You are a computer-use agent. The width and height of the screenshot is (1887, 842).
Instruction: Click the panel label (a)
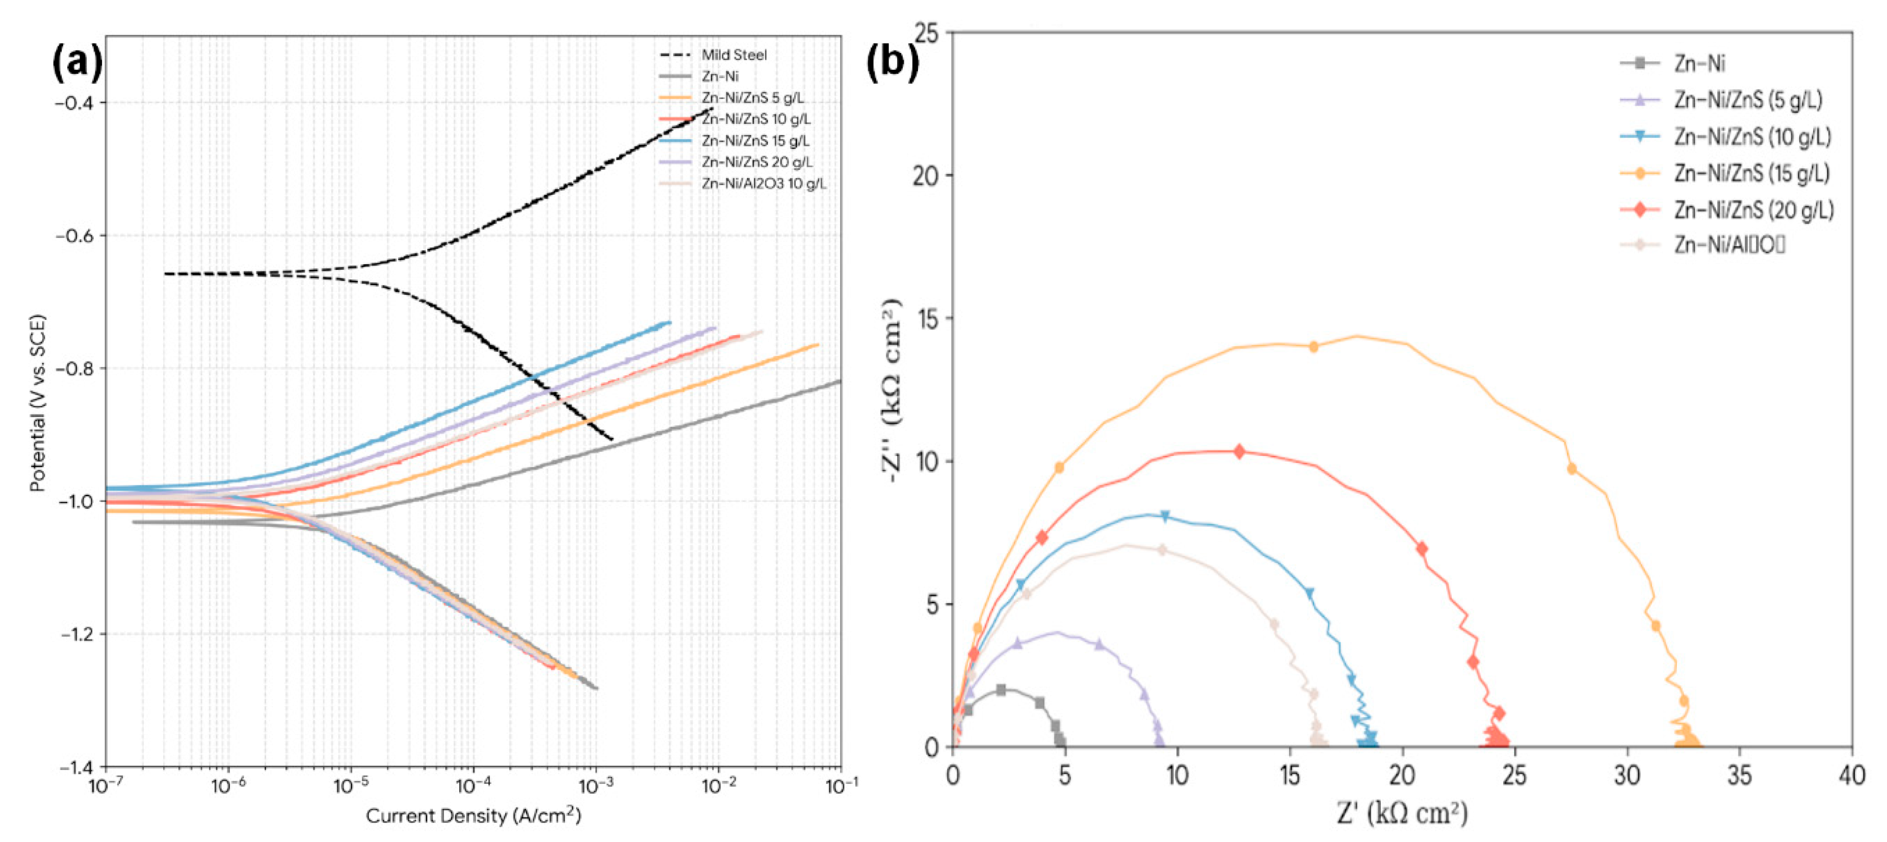pyautogui.click(x=77, y=62)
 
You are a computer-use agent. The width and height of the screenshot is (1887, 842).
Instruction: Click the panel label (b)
pyautogui.click(x=892, y=62)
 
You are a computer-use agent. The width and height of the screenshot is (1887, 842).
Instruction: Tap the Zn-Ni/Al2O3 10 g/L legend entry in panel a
pyautogui.click(x=763, y=183)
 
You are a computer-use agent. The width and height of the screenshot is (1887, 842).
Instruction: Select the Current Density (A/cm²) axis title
pyautogui.click(x=473, y=815)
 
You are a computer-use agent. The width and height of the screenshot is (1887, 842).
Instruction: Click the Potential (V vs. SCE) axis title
pyautogui.click(x=38, y=402)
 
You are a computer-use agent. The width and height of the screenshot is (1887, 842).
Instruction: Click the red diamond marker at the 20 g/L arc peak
pyautogui.click(x=1239, y=451)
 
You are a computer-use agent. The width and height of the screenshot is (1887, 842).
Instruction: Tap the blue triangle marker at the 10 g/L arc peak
pyautogui.click(x=1165, y=516)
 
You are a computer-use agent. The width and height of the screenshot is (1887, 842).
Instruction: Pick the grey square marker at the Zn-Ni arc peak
pyautogui.click(x=1001, y=690)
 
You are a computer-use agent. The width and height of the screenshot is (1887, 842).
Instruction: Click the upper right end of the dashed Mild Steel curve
pyautogui.click(x=711, y=109)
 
